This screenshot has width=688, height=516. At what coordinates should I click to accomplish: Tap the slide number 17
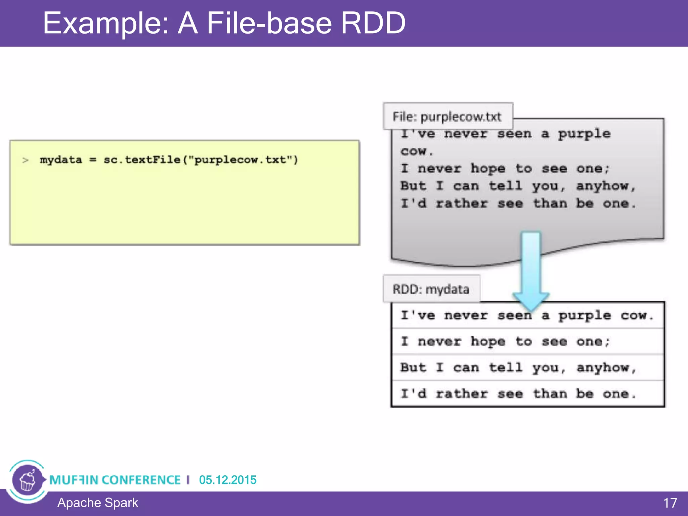670,503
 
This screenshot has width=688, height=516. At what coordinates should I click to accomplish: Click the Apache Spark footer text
97,503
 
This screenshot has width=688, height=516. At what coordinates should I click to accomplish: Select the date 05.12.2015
227,480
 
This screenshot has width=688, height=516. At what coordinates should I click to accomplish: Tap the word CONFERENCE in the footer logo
141,480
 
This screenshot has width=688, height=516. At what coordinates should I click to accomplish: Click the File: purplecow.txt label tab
447,117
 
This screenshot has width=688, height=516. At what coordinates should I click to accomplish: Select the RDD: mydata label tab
431,289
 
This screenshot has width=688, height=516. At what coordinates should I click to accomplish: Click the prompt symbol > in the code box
25,160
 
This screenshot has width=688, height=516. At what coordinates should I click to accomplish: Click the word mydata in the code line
60,160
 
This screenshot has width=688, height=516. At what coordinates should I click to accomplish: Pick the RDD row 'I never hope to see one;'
505,341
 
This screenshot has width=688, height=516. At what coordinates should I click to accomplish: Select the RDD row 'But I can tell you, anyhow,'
518,368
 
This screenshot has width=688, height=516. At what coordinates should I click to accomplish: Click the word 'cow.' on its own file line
416,151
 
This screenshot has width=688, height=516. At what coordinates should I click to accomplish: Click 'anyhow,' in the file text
606,186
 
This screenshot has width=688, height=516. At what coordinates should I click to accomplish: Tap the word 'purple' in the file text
584,134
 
